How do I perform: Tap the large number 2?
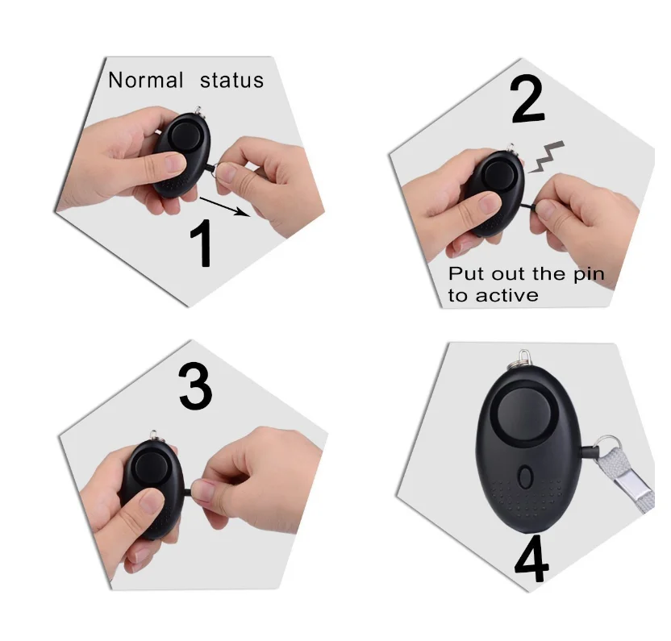pos(528,100)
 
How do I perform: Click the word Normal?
pos(146,81)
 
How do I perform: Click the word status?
pos(231,81)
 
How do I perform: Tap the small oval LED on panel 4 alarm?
pos(525,476)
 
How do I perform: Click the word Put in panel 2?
pos(465,274)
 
